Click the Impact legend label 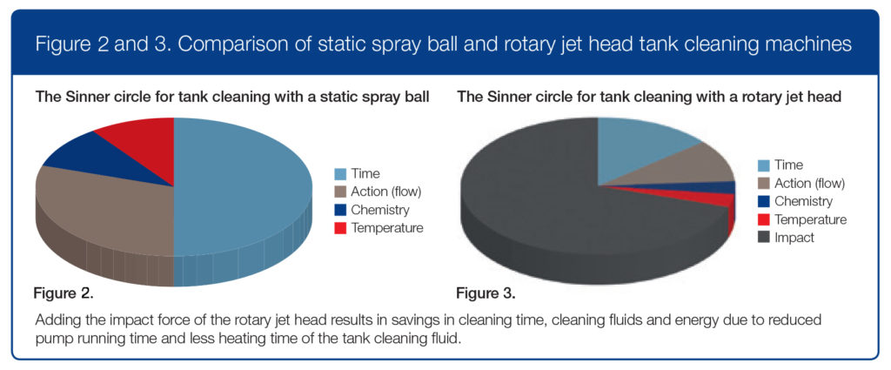coord(794,238)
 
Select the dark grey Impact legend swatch coord(764,238)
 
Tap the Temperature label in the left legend coord(387,228)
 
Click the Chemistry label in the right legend coord(803,201)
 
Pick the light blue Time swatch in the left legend coord(341,173)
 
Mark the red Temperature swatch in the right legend coord(764,219)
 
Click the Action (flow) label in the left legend coord(385,192)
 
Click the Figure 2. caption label coord(63,294)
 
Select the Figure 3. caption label coord(486,294)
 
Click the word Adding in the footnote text coord(53,320)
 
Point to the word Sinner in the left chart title coord(75,98)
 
